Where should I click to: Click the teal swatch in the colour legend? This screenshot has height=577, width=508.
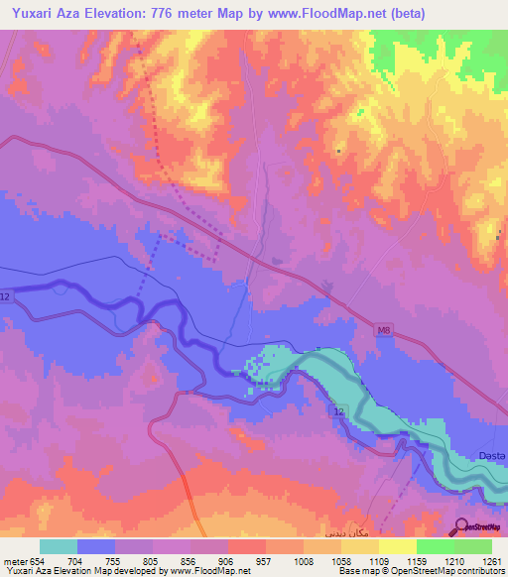coord(59,546)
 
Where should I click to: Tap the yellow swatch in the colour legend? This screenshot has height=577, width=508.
coord(397,546)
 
